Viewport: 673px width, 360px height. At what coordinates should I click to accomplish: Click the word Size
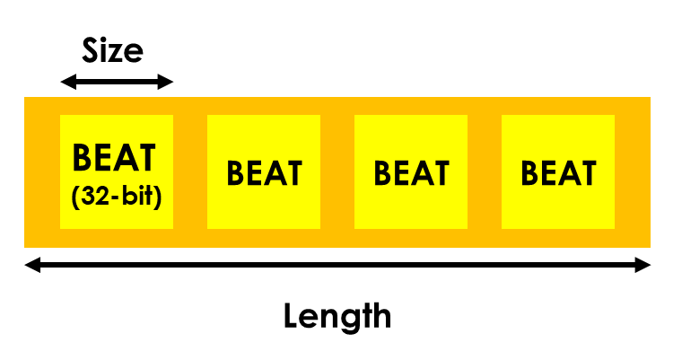tap(112, 50)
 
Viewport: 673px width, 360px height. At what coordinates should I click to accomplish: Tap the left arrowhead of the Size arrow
tap(69, 82)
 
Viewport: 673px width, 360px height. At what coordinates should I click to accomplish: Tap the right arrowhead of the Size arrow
tap(165, 82)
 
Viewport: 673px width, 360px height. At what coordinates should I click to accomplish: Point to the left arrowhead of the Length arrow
tap(32, 265)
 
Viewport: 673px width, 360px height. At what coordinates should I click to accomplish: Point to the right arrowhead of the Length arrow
tap(642, 265)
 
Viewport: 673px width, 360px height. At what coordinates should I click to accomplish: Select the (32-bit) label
tap(117, 197)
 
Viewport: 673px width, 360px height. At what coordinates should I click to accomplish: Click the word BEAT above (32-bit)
tap(114, 157)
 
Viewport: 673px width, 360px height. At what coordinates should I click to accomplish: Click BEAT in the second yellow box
tap(265, 173)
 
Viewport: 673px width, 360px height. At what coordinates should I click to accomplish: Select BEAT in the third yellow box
tap(412, 173)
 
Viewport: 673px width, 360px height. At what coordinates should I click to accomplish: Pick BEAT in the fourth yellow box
tap(559, 173)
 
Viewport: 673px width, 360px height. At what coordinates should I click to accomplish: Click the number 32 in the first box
tap(92, 196)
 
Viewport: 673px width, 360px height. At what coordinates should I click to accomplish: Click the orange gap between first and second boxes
tap(190, 171)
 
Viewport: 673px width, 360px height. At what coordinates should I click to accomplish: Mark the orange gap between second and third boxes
tap(337, 171)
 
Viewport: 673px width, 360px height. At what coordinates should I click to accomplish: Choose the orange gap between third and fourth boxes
tap(485, 171)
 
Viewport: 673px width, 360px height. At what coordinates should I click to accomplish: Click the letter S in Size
tap(90, 50)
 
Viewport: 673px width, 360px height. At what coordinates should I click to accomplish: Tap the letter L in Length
tap(291, 317)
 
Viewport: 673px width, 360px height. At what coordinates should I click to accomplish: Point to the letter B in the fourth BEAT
tap(530, 173)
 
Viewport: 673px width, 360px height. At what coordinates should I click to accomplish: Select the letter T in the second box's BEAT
tap(293, 173)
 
